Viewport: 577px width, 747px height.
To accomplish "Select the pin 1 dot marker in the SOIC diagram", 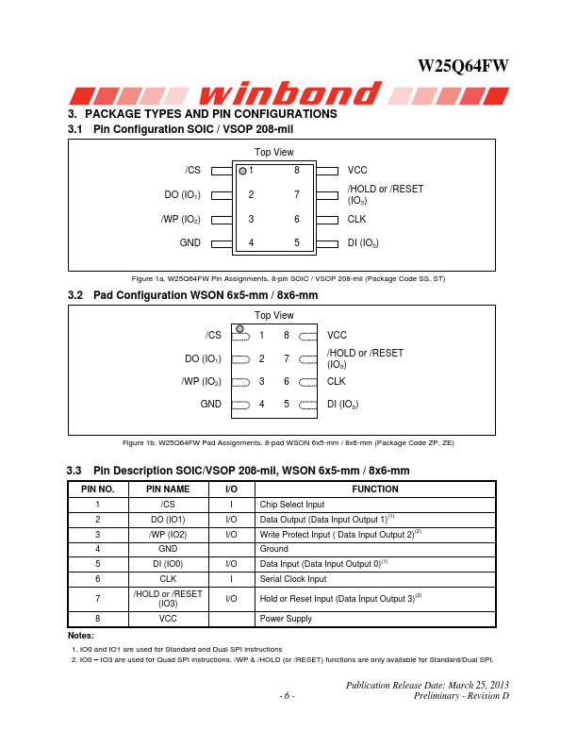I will coord(242,171).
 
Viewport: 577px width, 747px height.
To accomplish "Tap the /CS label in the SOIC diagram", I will coord(192,170).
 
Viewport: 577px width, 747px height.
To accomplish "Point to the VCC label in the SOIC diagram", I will coord(357,170).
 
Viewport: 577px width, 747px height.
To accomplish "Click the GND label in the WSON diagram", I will coord(210,404).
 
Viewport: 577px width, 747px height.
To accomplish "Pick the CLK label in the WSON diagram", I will coord(337,381).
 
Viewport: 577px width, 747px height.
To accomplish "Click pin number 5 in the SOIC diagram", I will coord(297,242).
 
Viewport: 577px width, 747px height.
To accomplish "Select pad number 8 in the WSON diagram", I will coord(286,335).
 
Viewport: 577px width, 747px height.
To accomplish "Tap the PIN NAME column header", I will coord(167,490).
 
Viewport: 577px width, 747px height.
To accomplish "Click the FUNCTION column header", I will coord(375,490).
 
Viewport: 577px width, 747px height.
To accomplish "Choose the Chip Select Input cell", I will coord(292,505).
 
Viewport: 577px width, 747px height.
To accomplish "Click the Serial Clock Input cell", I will coord(293,579).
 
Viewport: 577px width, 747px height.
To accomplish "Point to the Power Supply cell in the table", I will coord(286,619).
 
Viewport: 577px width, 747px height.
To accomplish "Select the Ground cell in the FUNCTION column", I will coord(274,549).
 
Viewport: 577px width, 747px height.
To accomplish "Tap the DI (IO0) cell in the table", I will coord(167,564).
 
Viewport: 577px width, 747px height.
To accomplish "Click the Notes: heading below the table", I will coord(81,635).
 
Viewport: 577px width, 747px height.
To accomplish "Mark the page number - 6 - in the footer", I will coord(288,696).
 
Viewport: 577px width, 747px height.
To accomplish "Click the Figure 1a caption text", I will coord(288,278).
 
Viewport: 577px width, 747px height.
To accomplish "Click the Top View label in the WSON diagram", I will coord(273,316).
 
